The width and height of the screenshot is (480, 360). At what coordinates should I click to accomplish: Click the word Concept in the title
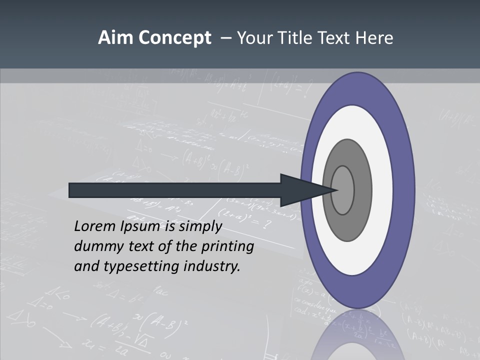(x=174, y=38)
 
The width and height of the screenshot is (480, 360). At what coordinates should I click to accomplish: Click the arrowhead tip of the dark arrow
(x=338, y=190)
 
